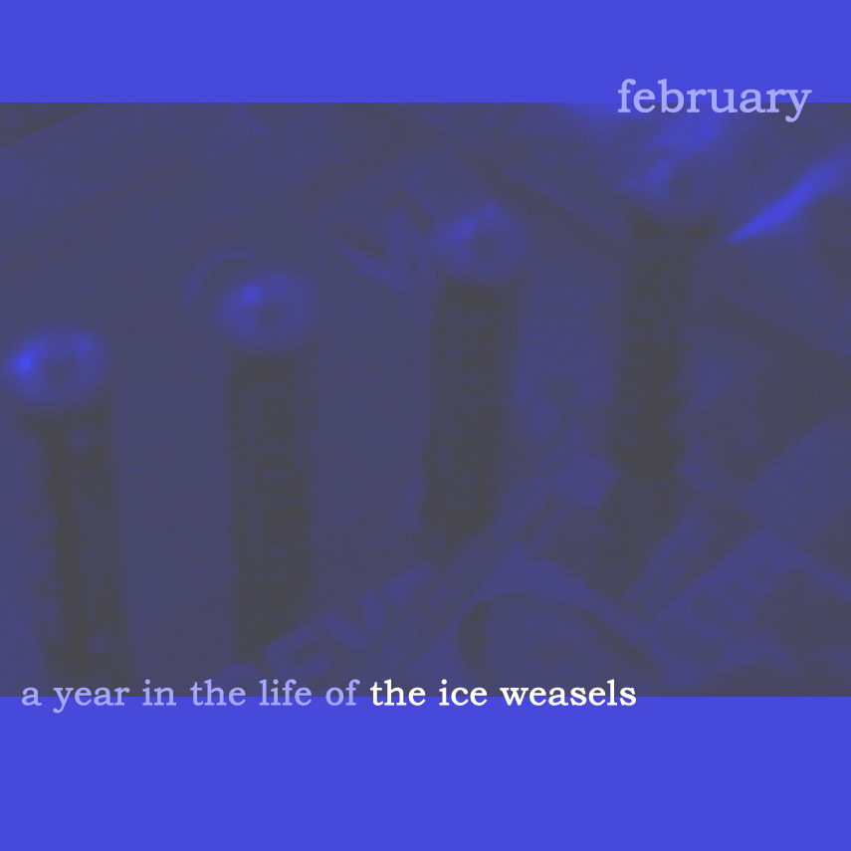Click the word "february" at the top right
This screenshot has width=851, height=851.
715,99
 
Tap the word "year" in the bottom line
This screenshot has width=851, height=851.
92,697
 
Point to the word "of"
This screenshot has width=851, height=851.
342,693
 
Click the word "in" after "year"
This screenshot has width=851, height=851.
159,694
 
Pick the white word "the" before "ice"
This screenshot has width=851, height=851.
398,694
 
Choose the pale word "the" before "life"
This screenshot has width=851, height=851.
218,694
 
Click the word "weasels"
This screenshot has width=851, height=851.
568,694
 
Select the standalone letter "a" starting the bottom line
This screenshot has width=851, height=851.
31,697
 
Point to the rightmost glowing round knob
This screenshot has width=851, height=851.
478,239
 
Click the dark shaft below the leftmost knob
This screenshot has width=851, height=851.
82,537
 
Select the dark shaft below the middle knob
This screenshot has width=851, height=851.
272,489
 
